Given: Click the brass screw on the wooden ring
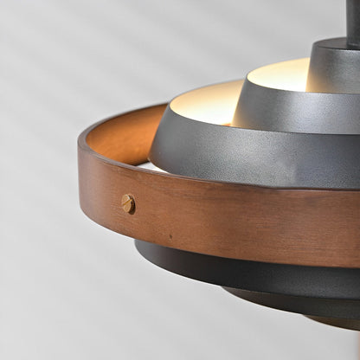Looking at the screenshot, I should pyautogui.click(x=128, y=204).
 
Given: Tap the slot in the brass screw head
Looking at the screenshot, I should pyautogui.click(x=128, y=204).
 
